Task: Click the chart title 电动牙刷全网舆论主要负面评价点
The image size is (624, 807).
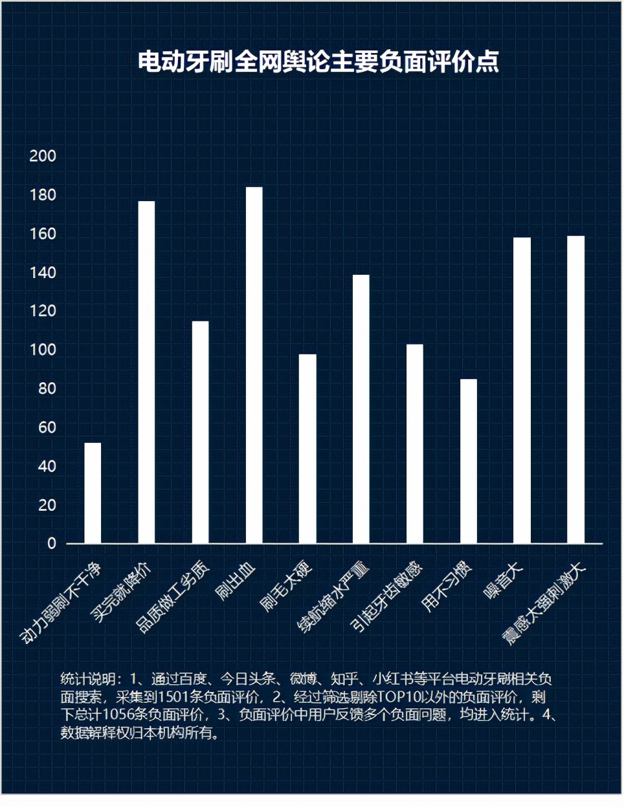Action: tap(318, 61)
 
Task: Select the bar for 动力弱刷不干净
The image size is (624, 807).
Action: tap(93, 493)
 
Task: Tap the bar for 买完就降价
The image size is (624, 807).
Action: tap(146, 372)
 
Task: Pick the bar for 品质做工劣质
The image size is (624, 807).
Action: tap(200, 432)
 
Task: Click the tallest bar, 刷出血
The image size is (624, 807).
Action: tap(254, 365)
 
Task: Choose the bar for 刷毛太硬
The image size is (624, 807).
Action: tap(307, 449)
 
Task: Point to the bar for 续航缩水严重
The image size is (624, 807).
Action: tap(361, 409)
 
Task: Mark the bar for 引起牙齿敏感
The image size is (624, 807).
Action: tap(414, 444)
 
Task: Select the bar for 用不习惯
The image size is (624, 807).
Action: tap(468, 461)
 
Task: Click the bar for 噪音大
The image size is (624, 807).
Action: tap(522, 390)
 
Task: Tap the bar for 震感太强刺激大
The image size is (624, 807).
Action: tap(575, 389)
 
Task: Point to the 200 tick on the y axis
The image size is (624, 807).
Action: tap(43, 156)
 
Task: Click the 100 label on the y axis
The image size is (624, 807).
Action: tap(43, 350)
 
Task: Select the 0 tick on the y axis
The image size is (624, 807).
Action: tap(52, 543)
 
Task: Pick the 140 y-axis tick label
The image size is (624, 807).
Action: tap(43, 272)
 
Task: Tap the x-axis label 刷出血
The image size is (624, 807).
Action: tap(236, 581)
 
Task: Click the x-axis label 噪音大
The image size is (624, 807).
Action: tap(503, 580)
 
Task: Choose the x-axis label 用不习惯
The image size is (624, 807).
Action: tap(447, 586)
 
